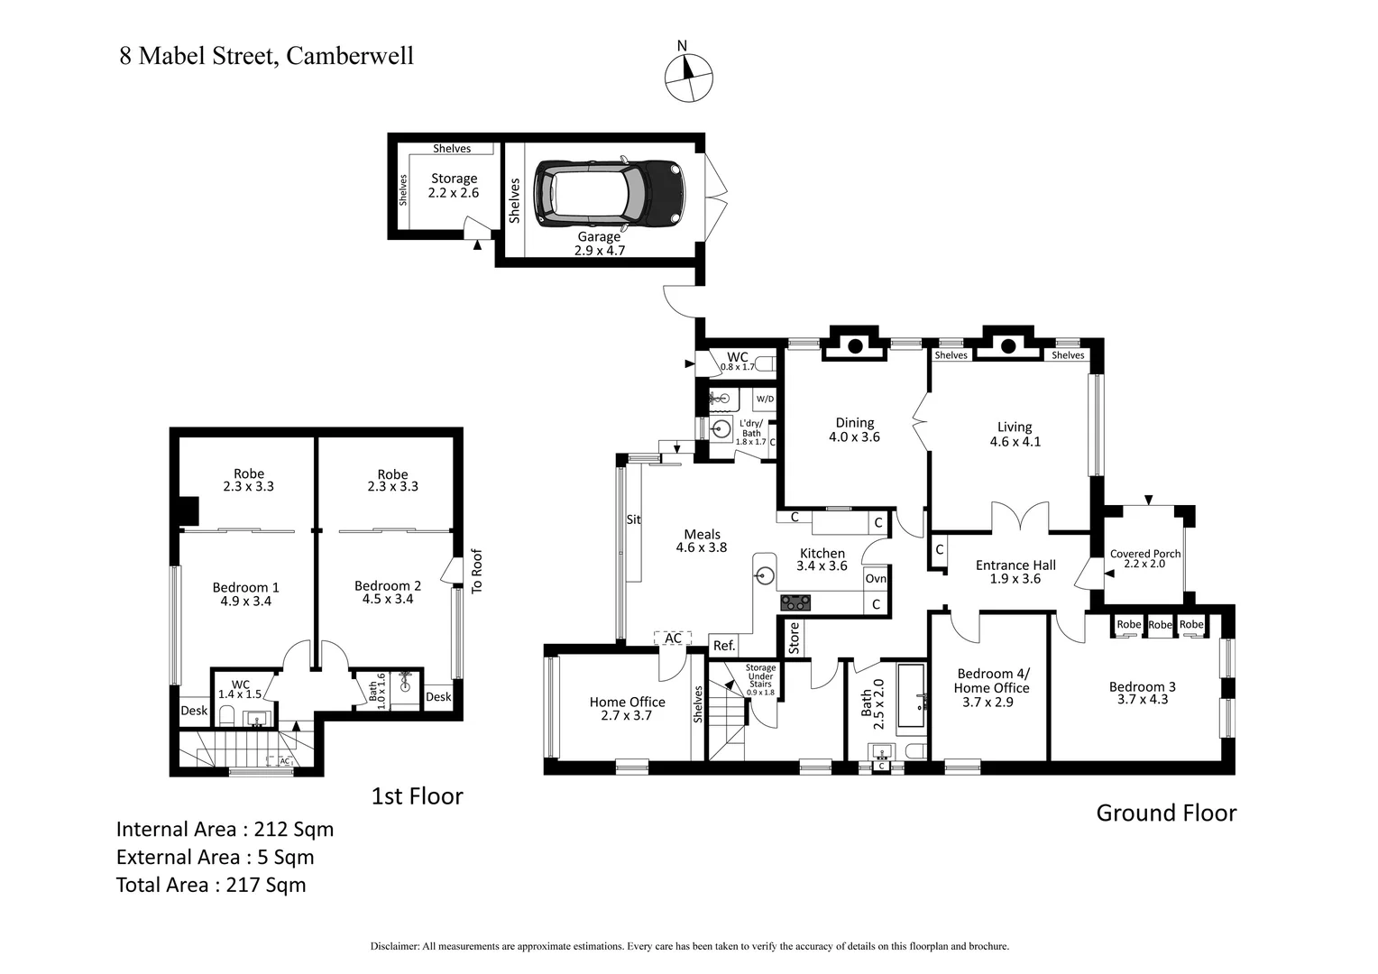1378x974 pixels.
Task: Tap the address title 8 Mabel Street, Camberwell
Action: tap(267, 56)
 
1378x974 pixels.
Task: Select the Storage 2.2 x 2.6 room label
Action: tap(454, 186)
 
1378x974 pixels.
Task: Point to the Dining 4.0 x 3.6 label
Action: tap(854, 429)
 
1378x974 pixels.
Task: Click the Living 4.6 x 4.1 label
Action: tap(1015, 434)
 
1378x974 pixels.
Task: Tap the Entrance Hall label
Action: tap(1015, 572)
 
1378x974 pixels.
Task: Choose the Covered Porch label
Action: tap(1144, 558)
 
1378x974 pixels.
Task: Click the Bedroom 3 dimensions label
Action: tap(1142, 693)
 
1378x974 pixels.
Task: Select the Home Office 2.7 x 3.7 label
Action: tap(627, 709)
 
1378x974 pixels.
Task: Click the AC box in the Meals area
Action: tap(673, 639)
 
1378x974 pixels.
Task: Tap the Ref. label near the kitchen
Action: tap(724, 646)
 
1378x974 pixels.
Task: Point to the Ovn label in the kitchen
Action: tap(875, 578)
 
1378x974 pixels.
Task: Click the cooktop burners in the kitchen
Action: tap(795, 602)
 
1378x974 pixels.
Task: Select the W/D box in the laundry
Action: tap(764, 399)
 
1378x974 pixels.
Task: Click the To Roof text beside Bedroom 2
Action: tap(477, 571)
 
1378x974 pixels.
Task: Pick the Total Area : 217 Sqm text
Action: tap(211, 885)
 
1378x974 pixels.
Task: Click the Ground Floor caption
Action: tap(1165, 813)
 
